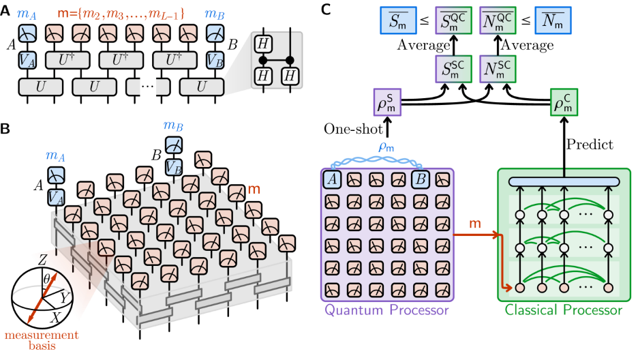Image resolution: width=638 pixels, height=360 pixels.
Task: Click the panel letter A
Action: click(x=6, y=10)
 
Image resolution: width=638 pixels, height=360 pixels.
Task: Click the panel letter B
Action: click(x=6, y=128)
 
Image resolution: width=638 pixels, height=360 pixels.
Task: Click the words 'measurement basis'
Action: click(x=42, y=340)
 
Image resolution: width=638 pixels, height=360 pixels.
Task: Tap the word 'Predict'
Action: click(x=591, y=145)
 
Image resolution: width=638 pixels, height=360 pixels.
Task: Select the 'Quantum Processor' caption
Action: click(x=387, y=311)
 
